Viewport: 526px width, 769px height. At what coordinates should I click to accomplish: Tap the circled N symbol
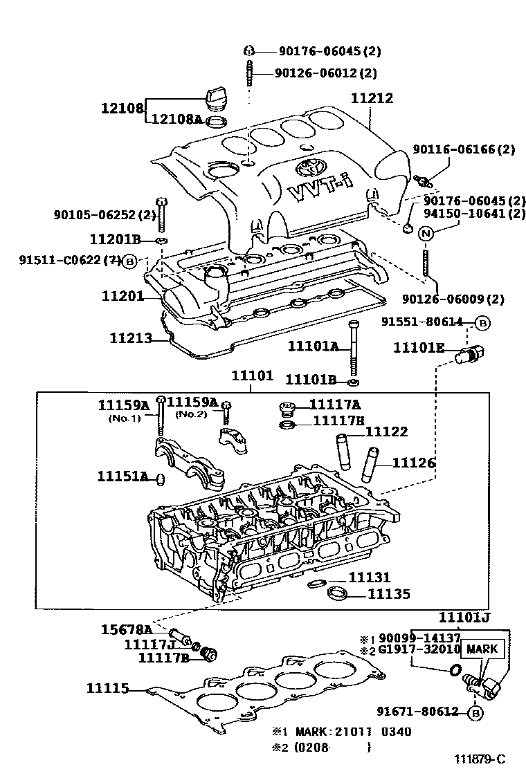(x=426, y=232)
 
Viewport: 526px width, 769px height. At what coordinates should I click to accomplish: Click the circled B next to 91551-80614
(x=483, y=322)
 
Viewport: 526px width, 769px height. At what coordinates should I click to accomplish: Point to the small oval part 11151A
(x=161, y=478)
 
